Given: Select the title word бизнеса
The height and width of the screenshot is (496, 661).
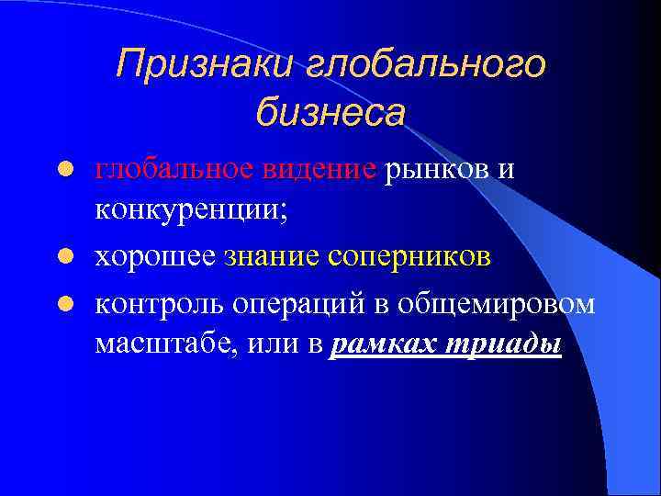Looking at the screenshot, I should [330, 113].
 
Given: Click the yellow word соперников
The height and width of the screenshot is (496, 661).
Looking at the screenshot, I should [409, 258].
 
